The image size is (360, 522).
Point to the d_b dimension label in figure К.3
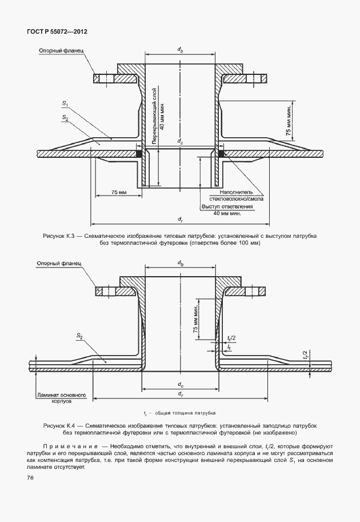click(x=180, y=50)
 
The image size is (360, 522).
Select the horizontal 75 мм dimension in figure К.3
click(x=119, y=193)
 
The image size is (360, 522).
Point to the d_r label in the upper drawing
click(x=180, y=219)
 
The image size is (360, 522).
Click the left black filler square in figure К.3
click(x=139, y=153)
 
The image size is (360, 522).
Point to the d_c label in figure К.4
click(x=180, y=384)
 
